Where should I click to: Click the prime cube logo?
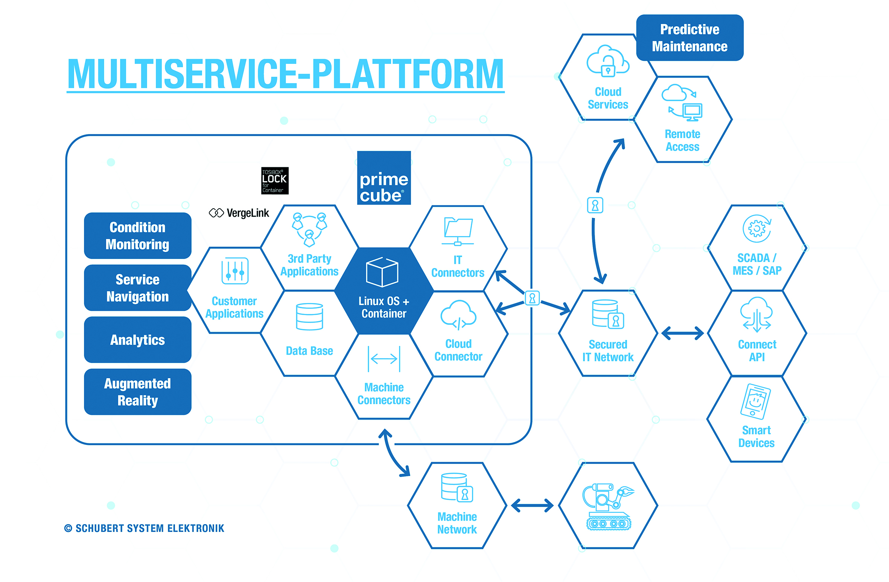click(384, 178)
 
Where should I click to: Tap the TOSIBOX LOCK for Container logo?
click(275, 181)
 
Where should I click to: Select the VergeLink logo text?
click(239, 213)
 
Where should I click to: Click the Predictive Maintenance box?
click(690, 38)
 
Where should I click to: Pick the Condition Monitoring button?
click(138, 236)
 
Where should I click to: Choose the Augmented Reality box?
click(138, 392)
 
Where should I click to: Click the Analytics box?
click(138, 340)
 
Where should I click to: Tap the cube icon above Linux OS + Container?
click(382, 272)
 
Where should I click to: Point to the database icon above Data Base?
click(309, 317)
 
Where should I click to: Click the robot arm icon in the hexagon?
click(608, 506)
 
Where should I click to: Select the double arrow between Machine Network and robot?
click(532, 506)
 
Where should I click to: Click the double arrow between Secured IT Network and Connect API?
click(682, 333)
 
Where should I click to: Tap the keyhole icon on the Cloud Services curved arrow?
click(595, 205)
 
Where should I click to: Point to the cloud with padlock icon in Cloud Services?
click(607, 61)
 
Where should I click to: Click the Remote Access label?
click(682, 140)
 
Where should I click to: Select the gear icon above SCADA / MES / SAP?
click(757, 229)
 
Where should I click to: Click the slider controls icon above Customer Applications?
click(235, 271)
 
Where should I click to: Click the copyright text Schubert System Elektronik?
click(145, 528)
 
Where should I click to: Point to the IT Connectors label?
click(458, 266)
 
